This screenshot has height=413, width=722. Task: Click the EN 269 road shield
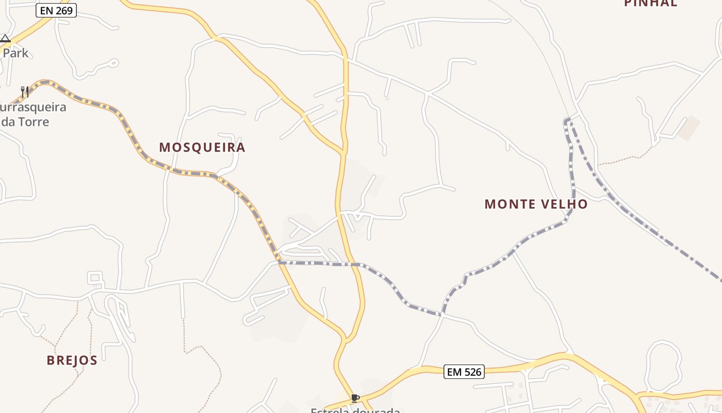click(57, 10)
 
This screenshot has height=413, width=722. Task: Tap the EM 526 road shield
click(464, 372)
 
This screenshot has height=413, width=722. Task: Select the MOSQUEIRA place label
click(202, 148)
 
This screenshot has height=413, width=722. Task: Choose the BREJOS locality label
click(72, 360)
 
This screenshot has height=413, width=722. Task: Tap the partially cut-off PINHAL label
click(651, 4)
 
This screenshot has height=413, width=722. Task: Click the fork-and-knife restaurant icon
click(24, 92)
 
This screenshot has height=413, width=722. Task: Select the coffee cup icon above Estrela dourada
click(355, 398)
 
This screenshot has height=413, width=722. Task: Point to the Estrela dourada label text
click(355, 410)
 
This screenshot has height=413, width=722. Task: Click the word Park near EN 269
click(15, 53)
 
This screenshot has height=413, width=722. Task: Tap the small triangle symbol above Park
click(5, 39)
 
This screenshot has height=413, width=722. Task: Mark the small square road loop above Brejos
click(94, 278)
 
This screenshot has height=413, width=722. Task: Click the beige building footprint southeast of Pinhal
click(689, 128)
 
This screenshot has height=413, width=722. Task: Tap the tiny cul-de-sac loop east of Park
click(114, 63)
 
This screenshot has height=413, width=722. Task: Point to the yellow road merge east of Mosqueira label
click(342, 153)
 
